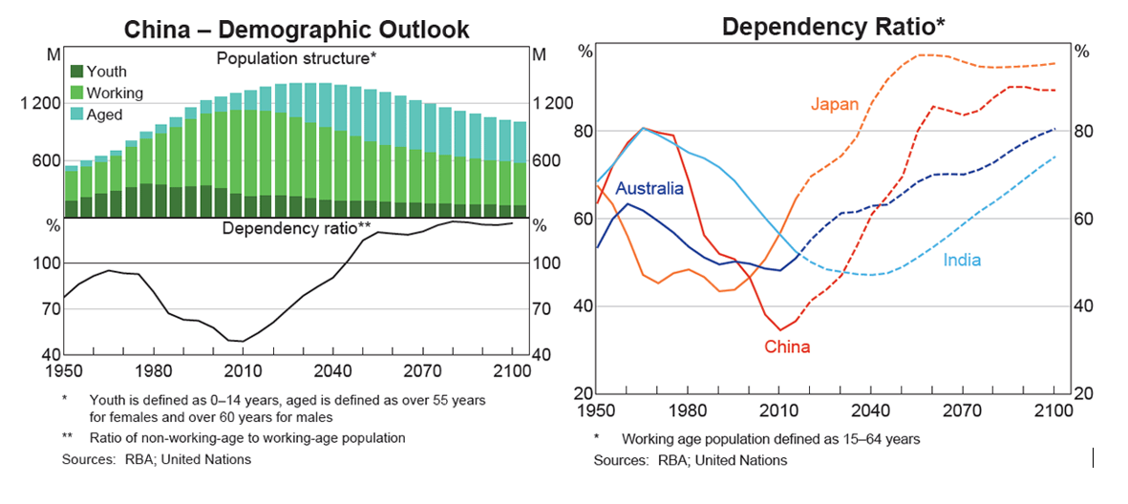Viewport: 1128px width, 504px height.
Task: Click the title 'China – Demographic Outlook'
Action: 297,29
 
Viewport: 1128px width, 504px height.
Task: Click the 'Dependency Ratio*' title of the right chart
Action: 834,26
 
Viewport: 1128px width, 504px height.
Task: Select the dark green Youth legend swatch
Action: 75,72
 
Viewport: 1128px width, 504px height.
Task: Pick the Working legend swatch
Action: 75,93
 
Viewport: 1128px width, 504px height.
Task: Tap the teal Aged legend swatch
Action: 75,115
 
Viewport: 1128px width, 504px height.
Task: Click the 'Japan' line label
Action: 835,104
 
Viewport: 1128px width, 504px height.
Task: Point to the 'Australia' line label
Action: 649,188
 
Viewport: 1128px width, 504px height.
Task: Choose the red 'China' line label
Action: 787,346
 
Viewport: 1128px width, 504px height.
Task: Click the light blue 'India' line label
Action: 962,261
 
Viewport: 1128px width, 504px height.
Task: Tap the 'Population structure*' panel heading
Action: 296,59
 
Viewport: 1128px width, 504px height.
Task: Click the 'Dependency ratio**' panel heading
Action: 296,228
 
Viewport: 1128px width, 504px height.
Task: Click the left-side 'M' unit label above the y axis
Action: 54,54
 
